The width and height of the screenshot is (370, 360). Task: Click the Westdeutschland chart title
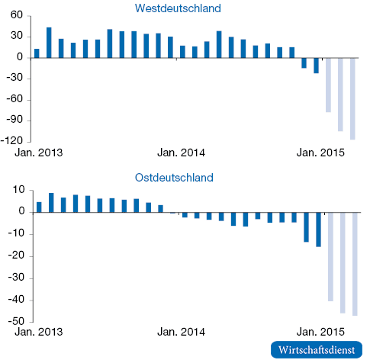(x=178, y=8)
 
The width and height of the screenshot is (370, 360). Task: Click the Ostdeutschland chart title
(x=174, y=178)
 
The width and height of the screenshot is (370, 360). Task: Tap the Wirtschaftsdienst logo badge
(x=317, y=350)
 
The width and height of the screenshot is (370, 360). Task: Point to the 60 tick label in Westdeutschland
(x=17, y=15)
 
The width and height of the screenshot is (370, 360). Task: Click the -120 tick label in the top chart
(x=12, y=140)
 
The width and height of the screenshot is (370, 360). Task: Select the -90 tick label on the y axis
(x=14, y=120)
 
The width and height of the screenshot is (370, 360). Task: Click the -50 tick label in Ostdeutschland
(x=16, y=321)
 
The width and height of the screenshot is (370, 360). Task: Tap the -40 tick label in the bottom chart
(x=16, y=300)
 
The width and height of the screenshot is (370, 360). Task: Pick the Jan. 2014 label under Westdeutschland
(x=181, y=153)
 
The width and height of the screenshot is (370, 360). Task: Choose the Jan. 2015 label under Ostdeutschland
(x=320, y=332)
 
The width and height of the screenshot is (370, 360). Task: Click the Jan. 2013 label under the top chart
(x=39, y=153)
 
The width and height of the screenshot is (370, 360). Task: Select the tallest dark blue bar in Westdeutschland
(x=49, y=43)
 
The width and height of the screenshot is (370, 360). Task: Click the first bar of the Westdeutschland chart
(x=37, y=53)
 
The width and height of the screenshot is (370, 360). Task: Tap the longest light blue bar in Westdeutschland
(x=352, y=98)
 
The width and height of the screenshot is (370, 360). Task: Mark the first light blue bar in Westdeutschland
(x=328, y=85)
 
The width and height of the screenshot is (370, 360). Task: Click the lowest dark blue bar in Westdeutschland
(x=316, y=66)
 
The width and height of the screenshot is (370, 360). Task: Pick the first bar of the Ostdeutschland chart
(x=39, y=207)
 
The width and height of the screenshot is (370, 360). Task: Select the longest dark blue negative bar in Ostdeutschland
(x=318, y=230)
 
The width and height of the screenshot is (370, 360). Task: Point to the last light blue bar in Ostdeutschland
(x=355, y=264)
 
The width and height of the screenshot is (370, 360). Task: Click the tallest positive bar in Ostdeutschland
(x=51, y=203)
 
